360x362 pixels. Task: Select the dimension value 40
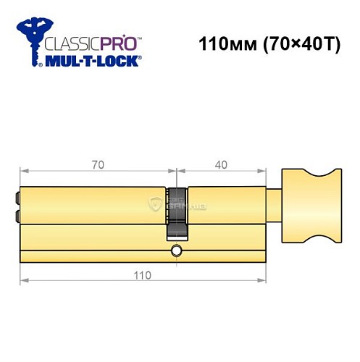point(221,164)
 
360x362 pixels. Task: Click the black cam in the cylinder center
point(176,213)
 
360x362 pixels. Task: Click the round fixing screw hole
point(176,251)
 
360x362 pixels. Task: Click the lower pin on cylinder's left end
point(16,216)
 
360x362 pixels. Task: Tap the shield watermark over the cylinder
point(155,203)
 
